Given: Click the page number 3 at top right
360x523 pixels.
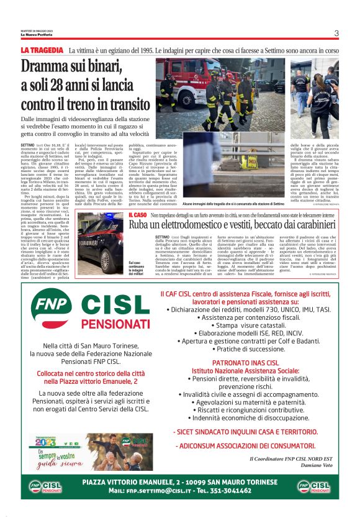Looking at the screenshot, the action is coord(336,34).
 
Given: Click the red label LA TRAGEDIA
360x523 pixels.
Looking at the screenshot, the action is coord(42,50).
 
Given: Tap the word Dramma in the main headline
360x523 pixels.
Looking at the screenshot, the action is coord(48,66).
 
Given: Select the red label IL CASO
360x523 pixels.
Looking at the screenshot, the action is coord(137,214).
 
